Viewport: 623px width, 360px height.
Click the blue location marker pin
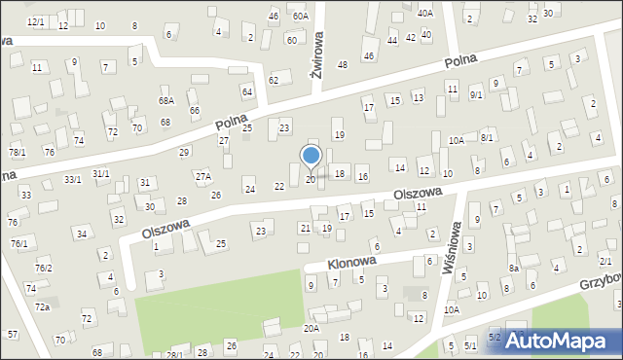tap(311, 156)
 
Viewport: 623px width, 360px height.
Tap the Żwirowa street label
tap(315, 58)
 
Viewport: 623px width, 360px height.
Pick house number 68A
tap(165, 100)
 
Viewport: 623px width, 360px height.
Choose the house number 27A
tap(202, 176)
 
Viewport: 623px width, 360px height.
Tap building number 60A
tap(300, 16)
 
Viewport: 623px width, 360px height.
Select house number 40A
tap(425, 13)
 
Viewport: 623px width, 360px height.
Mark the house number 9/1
tap(476, 94)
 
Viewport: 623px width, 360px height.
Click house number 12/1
tap(36, 21)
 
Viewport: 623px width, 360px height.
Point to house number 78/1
tap(18, 153)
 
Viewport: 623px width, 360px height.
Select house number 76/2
tap(43, 268)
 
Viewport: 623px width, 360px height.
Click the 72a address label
tap(43, 306)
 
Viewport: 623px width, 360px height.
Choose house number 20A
tap(311, 329)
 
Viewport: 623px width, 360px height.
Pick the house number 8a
tap(513, 268)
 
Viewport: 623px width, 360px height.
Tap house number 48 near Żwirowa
tap(343, 64)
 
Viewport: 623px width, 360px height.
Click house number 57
tap(13, 334)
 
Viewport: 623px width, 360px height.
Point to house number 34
tap(83, 234)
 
